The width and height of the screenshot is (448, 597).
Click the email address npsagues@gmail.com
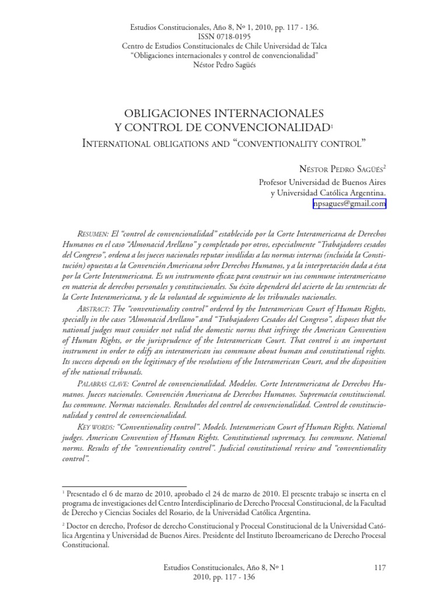pos(349,203)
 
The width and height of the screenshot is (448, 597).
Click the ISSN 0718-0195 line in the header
pos(223,36)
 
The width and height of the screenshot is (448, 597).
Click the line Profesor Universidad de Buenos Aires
pos(322,182)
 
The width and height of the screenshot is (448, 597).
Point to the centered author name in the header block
pos(223,64)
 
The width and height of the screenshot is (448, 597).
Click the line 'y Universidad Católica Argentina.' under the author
pos(328,192)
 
